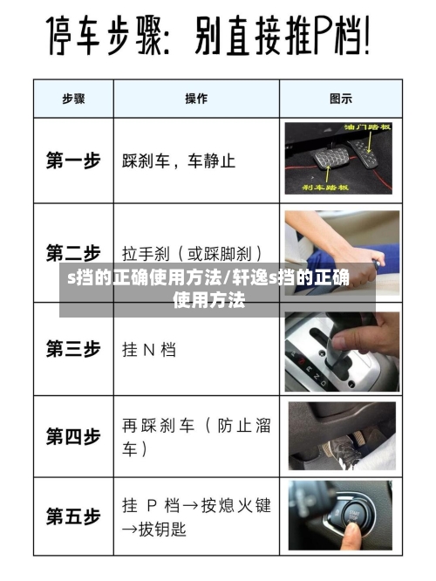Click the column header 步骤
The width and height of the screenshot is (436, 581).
point(73,99)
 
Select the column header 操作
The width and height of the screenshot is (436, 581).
point(196,99)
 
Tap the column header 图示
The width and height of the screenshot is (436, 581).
point(341,99)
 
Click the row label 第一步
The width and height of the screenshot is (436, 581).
point(73,161)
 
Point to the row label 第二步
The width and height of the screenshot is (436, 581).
point(73,253)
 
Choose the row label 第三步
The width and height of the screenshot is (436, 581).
point(73,349)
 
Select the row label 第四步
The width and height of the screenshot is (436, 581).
point(73,437)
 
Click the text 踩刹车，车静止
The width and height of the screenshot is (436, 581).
point(178,161)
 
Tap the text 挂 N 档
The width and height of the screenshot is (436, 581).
point(148,350)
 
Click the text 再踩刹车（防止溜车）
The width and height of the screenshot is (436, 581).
point(195,437)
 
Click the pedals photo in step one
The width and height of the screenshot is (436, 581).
point(341,159)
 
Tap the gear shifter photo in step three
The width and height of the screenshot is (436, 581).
point(341,349)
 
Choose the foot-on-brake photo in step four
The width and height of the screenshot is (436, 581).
point(341,436)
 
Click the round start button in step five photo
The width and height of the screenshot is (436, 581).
point(354,516)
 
